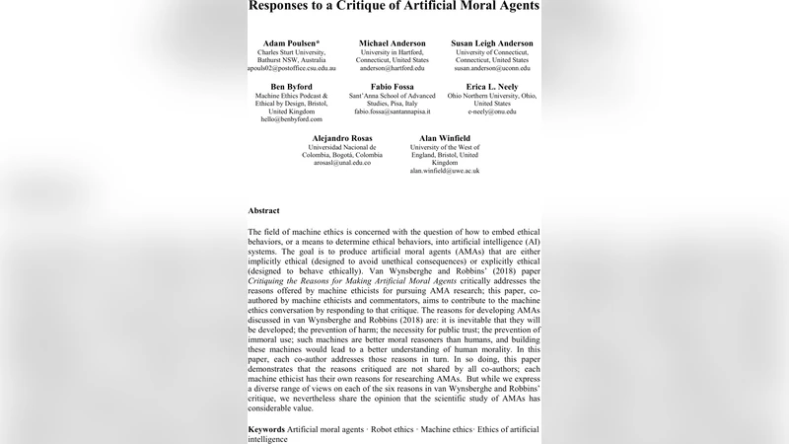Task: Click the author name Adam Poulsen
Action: [x=291, y=43]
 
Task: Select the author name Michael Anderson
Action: [x=393, y=43]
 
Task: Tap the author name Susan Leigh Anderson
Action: [x=492, y=43]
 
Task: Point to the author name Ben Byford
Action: [x=292, y=87]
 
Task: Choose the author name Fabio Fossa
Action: [x=393, y=87]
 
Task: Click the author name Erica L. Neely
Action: [x=492, y=87]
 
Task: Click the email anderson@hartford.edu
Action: [x=393, y=69]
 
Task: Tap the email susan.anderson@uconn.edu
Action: [x=492, y=69]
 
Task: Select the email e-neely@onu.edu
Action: [x=492, y=111]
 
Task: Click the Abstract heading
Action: [x=263, y=210]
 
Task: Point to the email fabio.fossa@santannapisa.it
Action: [x=393, y=111]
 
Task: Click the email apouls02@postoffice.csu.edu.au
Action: [x=291, y=69]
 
